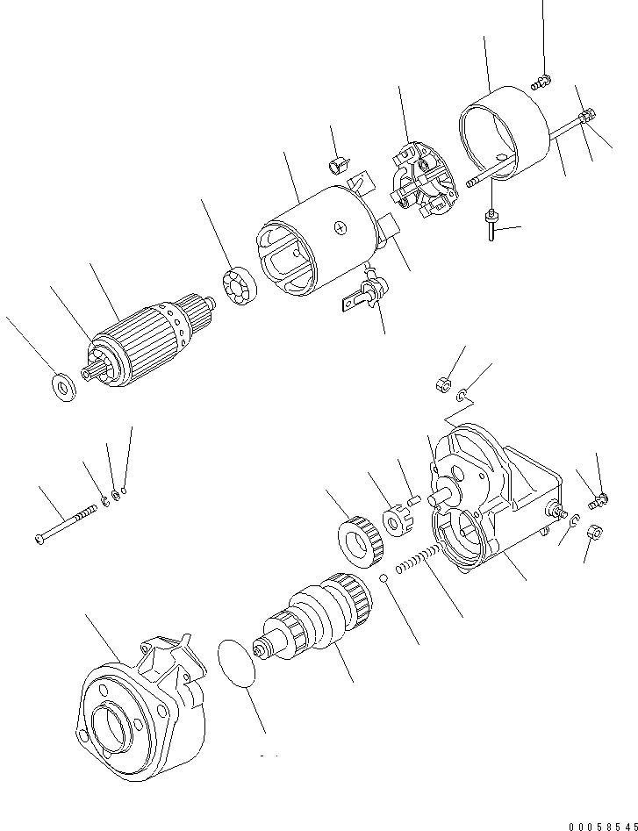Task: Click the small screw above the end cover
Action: (541, 82)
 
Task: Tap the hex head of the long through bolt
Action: (588, 114)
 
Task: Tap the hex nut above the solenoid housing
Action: (443, 383)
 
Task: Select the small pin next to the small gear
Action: (416, 501)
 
